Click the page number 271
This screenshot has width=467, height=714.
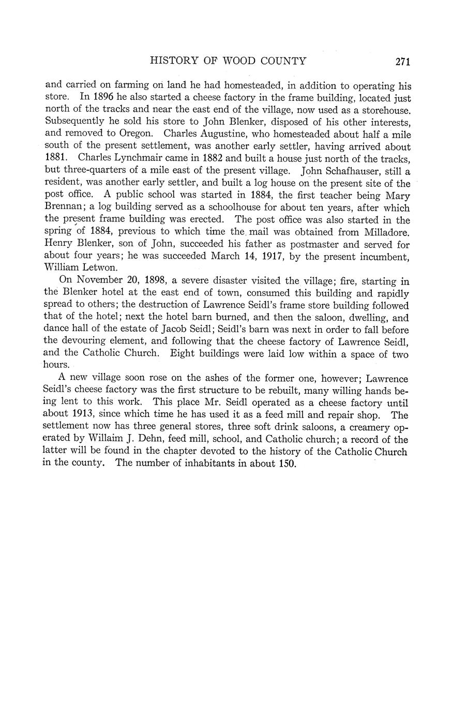point(402,62)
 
